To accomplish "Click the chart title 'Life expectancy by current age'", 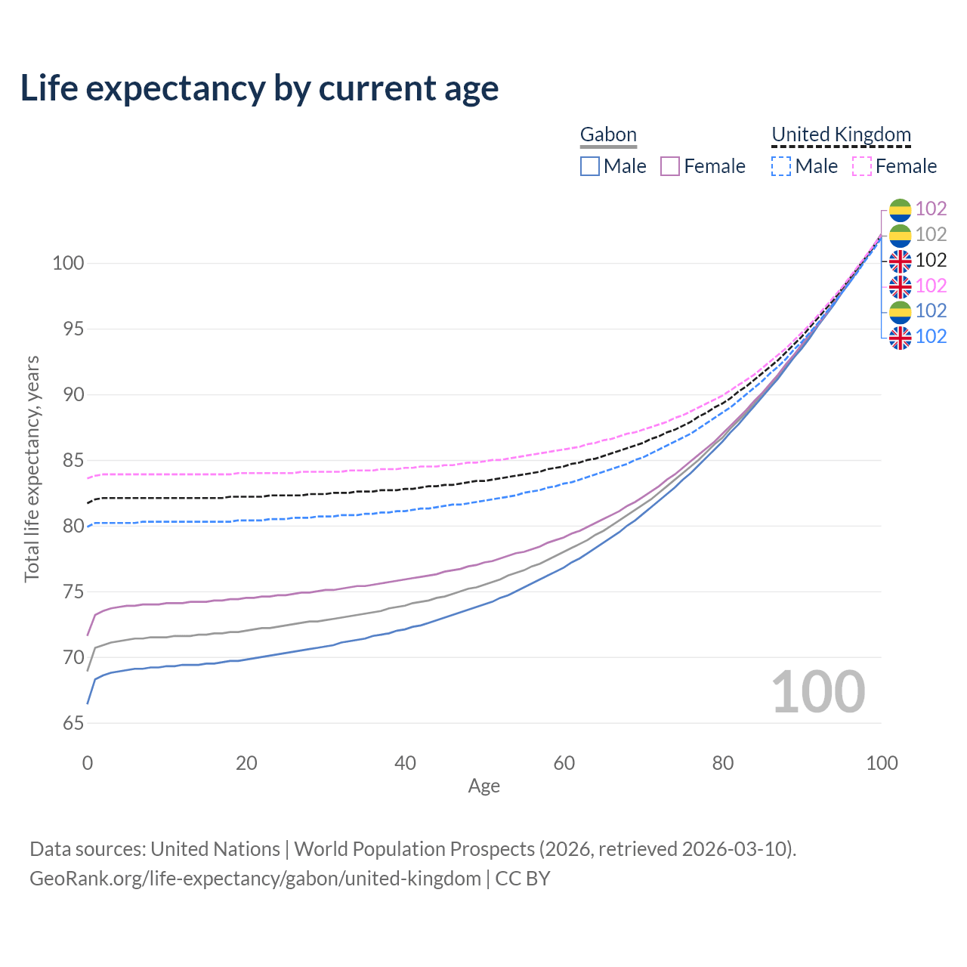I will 259,88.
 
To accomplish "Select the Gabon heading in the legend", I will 608,134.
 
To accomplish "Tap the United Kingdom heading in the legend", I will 841,134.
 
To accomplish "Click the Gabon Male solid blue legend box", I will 590,166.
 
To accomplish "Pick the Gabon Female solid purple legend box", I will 671,166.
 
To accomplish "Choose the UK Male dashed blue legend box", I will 781,166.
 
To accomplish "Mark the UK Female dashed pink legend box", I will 862,166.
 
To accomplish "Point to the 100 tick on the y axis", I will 68,264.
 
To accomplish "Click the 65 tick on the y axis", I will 73,723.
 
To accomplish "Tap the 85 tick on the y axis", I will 73,460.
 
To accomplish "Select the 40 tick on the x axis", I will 406,763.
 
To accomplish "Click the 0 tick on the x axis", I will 88,763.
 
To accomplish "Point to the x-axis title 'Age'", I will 483,786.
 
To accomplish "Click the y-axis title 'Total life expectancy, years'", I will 32,468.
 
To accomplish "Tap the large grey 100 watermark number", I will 818,692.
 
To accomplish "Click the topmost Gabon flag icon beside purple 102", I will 900,209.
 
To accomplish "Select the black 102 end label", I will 931,260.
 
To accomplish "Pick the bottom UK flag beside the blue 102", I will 900,337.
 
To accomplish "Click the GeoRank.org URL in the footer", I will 255,879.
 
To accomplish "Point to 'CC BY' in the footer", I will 523,879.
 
